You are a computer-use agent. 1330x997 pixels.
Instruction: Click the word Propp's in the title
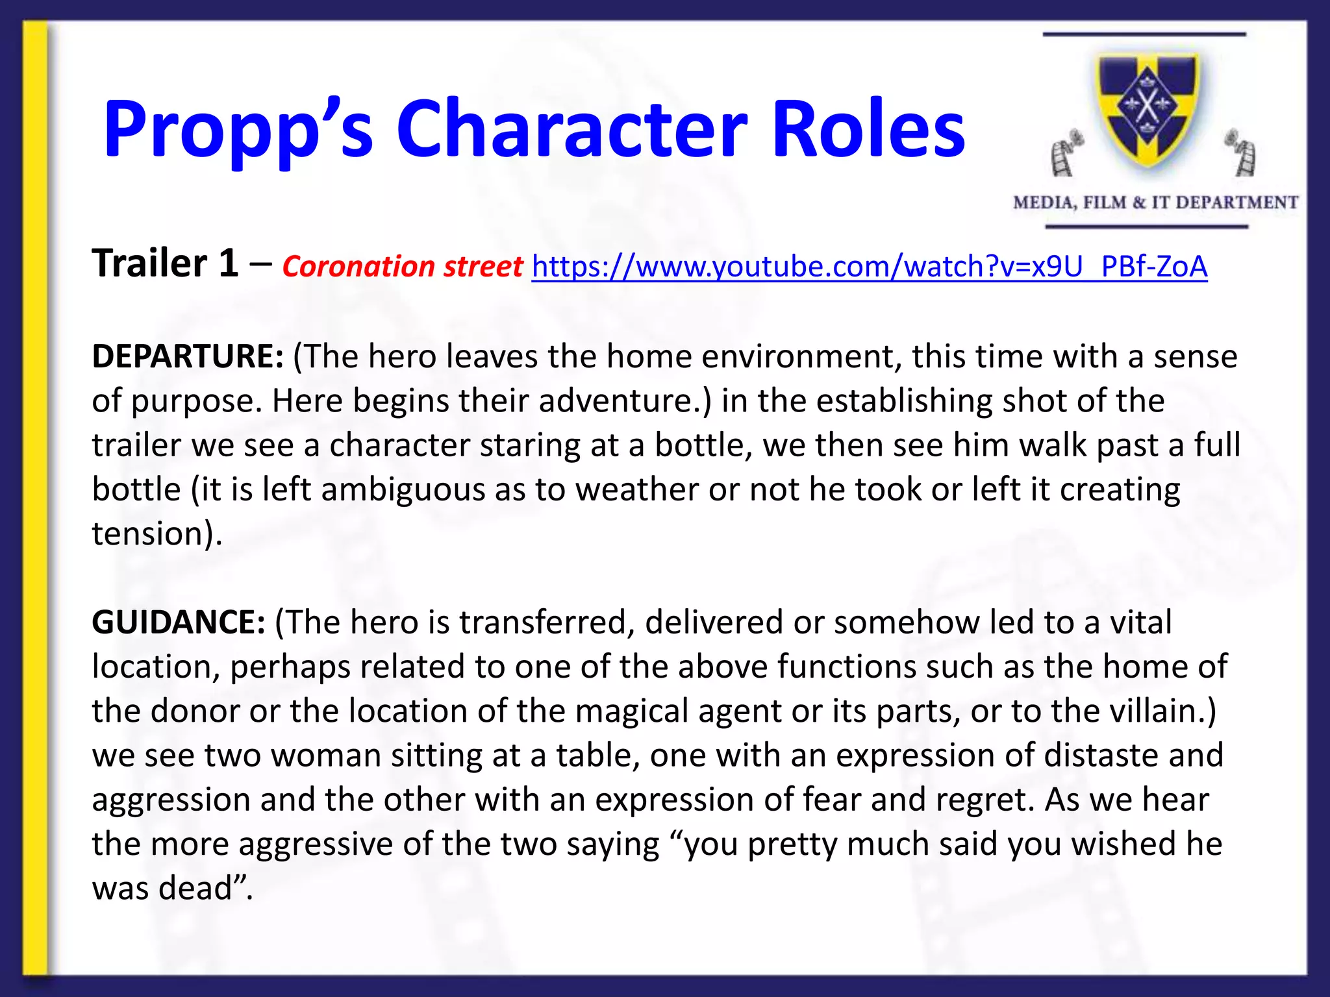pos(238,130)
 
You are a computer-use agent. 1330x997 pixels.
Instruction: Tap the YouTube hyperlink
pos(869,266)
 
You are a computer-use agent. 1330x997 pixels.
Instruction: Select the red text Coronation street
pos(402,267)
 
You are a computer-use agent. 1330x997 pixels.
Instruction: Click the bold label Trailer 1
pos(165,264)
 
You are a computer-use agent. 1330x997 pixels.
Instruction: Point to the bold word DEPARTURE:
pos(188,356)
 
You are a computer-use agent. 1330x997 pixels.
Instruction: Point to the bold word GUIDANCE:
pos(179,622)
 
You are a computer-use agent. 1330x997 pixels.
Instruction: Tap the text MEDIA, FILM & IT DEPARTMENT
pos(1155,203)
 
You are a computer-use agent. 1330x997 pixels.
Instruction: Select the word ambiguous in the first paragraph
pos(403,489)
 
